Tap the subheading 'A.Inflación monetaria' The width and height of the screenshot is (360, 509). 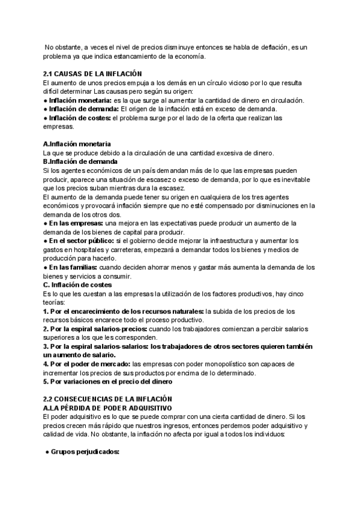77,144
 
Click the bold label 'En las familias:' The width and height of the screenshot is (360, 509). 72,267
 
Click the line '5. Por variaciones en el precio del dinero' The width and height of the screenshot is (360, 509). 107,381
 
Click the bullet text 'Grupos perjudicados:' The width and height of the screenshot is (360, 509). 85,451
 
